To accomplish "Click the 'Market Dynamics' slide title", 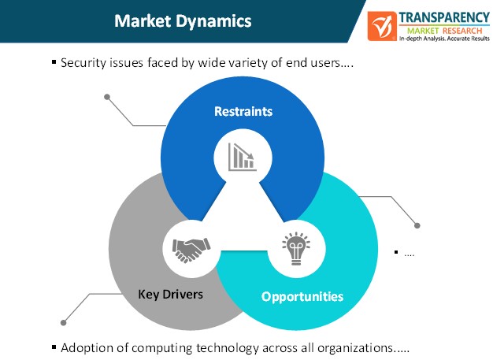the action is tap(183, 21).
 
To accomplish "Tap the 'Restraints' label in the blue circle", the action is tap(243, 111).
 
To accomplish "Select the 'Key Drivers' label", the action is tap(170, 295).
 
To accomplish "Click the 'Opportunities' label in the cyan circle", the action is tap(302, 296).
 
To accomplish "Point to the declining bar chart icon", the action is tap(242, 157).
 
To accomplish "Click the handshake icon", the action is tap(191, 250).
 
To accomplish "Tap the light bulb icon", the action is tap(296, 248).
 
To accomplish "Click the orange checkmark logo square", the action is tap(382, 26).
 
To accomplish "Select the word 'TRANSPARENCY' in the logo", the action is tap(444, 17).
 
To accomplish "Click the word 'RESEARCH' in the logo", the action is tap(462, 31).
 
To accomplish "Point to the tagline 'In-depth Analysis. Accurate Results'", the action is tap(444, 39).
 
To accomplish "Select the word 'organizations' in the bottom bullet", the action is tap(355, 348).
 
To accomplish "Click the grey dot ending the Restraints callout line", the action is tap(107, 97).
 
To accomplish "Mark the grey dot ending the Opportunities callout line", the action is tap(417, 225).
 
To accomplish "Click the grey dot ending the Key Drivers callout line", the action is tap(64, 323).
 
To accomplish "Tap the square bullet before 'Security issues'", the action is tap(54, 62).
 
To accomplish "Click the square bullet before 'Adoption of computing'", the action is tap(54, 347).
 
